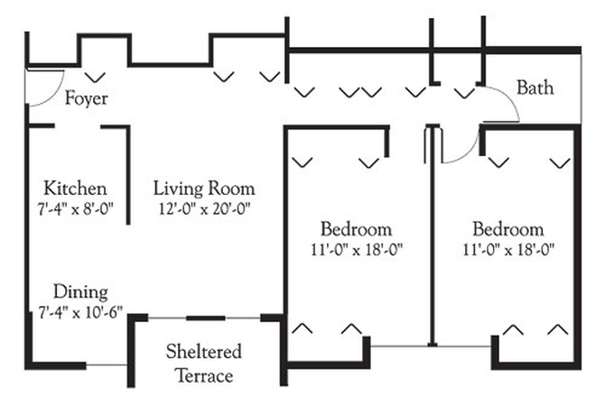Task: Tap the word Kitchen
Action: click(76, 189)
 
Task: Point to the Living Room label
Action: click(203, 189)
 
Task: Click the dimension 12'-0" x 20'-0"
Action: click(203, 208)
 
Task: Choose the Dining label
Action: click(79, 291)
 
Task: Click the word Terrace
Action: click(203, 374)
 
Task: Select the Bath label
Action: click(535, 88)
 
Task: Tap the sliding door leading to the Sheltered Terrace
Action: click(206, 317)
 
